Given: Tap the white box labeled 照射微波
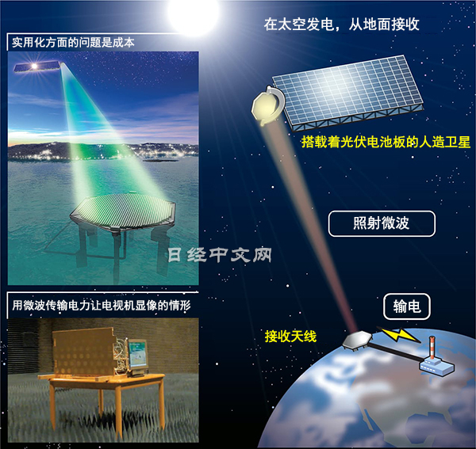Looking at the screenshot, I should [382, 224].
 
